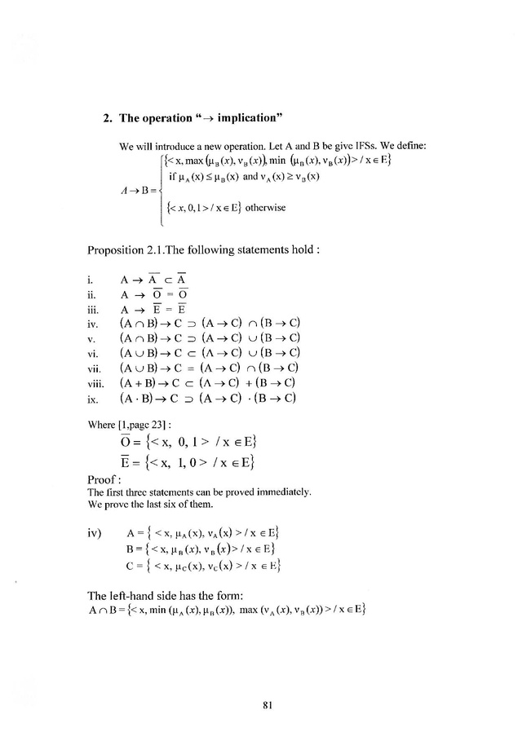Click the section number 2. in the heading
click(108, 117)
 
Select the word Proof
click(102, 480)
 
